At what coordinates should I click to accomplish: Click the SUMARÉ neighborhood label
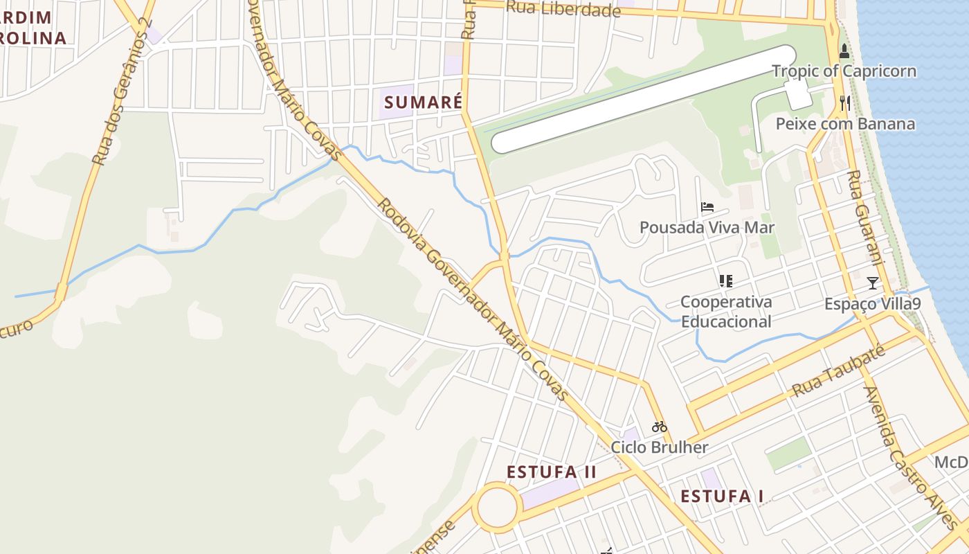pyautogui.click(x=423, y=102)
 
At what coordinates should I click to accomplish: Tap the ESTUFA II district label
pyautogui.click(x=551, y=472)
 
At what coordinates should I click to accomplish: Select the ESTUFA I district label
pyautogui.click(x=722, y=497)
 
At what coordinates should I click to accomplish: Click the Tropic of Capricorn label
pyautogui.click(x=844, y=71)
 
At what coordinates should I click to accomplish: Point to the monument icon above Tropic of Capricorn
pyautogui.click(x=844, y=51)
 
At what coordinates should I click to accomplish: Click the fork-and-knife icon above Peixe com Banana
pyautogui.click(x=844, y=103)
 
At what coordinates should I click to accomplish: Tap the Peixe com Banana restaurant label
pyautogui.click(x=845, y=124)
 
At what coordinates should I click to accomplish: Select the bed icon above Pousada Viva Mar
pyautogui.click(x=707, y=206)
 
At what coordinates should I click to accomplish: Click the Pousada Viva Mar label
pyautogui.click(x=707, y=227)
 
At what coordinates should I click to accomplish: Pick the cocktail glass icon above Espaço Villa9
pyautogui.click(x=872, y=283)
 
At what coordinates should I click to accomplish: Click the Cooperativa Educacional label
pyautogui.click(x=725, y=312)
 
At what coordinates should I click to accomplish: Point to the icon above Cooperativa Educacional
pyautogui.click(x=725, y=280)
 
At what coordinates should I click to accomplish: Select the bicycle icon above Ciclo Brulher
pyautogui.click(x=659, y=427)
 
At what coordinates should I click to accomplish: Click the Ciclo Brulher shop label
pyautogui.click(x=659, y=447)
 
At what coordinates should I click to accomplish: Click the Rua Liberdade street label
pyautogui.click(x=563, y=10)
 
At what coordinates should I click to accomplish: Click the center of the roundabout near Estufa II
pyautogui.click(x=497, y=508)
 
